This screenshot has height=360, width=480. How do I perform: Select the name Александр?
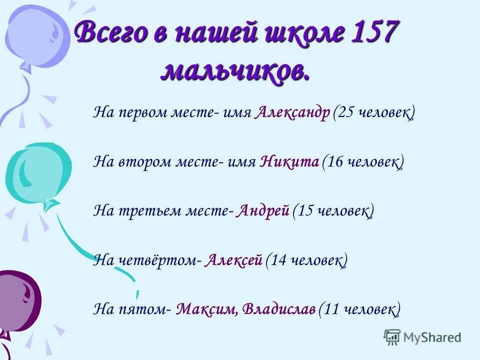point(292,113)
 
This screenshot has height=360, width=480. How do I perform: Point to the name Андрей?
point(263,211)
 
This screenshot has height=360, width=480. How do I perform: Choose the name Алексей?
point(233,260)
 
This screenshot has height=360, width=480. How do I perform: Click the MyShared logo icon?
point(392,337)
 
